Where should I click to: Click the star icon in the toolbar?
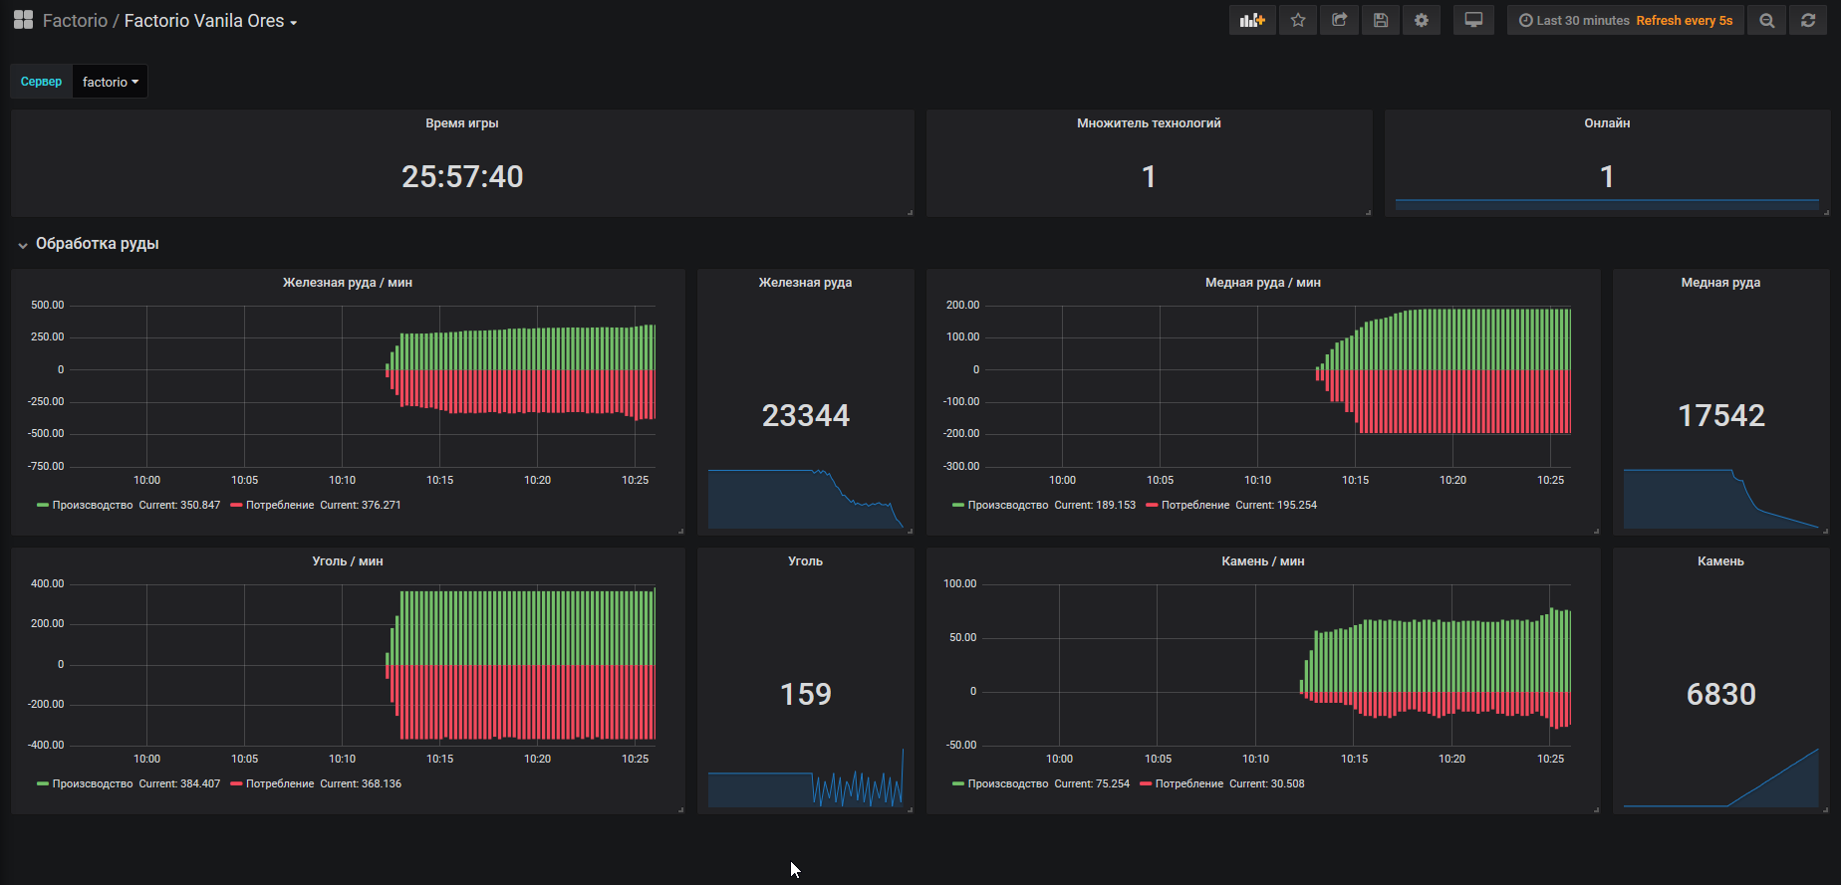pyautogui.click(x=1298, y=20)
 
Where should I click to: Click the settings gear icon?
pyautogui.click(x=1422, y=20)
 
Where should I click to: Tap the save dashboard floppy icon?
pyautogui.click(x=1381, y=20)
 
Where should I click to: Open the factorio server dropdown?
pyautogui.click(x=110, y=82)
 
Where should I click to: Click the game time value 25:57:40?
pyautogui.click(x=462, y=176)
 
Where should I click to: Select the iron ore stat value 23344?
pyautogui.click(x=805, y=415)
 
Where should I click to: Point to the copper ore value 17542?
pyautogui.click(x=1720, y=415)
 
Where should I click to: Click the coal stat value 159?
pyautogui.click(x=805, y=694)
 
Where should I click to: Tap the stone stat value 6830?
pyautogui.click(x=1720, y=694)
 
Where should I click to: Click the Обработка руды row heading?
pyautogui.click(x=97, y=244)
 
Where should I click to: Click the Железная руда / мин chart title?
pyautogui.click(x=348, y=283)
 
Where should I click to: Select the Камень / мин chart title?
pyautogui.click(x=1262, y=561)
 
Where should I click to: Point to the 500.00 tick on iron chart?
pyautogui.click(x=47, y=306)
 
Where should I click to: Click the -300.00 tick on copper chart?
pyautogui.click(x=961, y=466)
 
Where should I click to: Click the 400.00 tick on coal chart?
pyautogui.click(x=47, y=584)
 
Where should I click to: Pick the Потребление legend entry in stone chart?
pyautogui.click(x=1188, y=784)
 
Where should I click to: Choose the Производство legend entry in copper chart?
pyautogui.click(x=1007, y=506)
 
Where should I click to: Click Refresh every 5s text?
pyautogui.click(x=1684, y=21)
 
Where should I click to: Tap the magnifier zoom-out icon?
pyautogui.click(x=1766, y=20)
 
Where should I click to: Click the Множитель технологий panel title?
pyautogui.click(x=1149, y=123)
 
